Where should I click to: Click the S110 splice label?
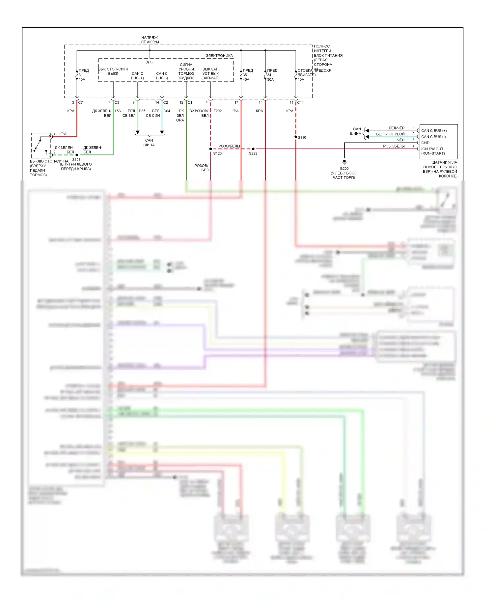tap(302, 137)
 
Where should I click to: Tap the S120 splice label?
tap(217, 153)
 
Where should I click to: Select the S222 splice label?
tap(253, 153)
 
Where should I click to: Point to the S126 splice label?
tap(76, 160)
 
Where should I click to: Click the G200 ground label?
tap(344, 169)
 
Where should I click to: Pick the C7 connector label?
tap(80, 103)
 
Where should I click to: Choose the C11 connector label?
tap(300, 103)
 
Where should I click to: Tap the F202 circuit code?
tap(217, 111)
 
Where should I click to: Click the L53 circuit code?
tap(118, 111)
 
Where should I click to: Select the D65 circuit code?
tap(142, 111)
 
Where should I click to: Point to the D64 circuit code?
tap(167, 111)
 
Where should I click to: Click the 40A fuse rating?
tap(246, 80)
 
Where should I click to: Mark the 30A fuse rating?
tap(270, 80)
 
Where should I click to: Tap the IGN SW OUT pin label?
tap(432, 149)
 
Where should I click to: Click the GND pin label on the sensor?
tap(425, 143)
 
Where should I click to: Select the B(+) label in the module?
tap(149, 62)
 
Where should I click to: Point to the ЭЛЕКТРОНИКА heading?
tap(219, 56)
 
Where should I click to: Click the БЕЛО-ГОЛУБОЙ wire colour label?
tap(390, 134)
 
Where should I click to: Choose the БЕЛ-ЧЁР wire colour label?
tap(397, 128)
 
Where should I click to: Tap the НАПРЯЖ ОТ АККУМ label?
tap(150, 40)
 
